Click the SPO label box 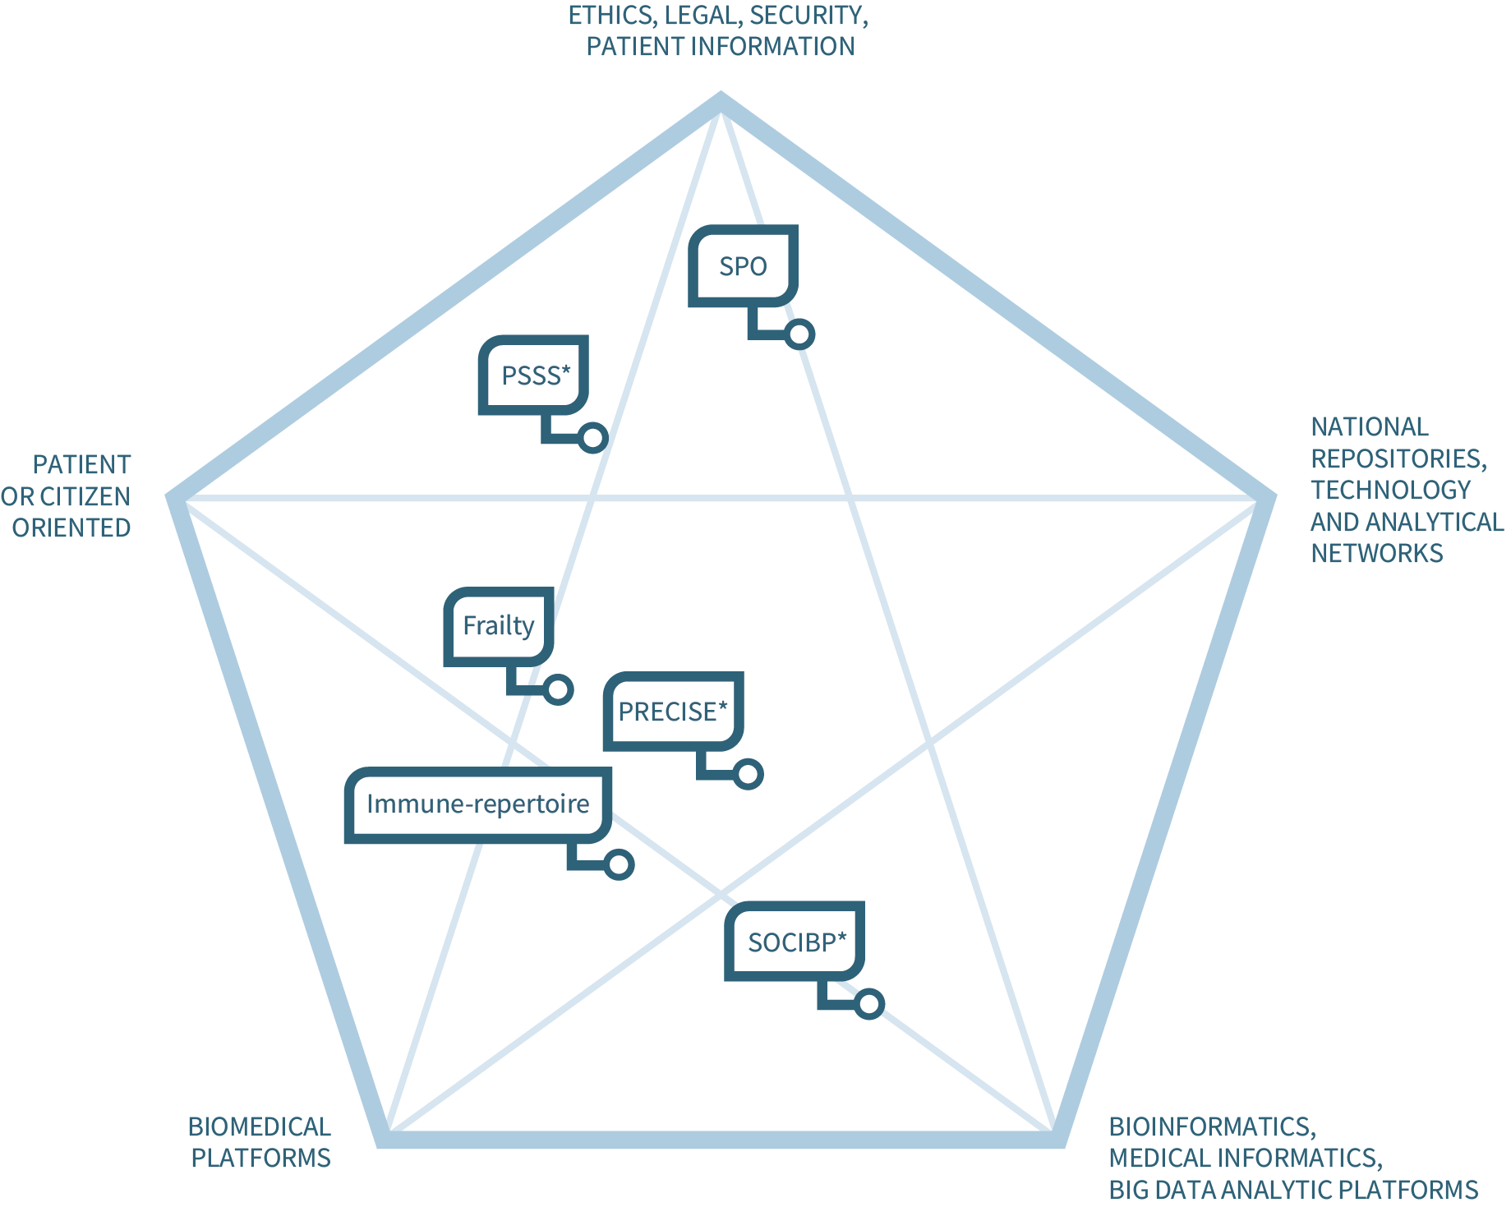tap(743, 266)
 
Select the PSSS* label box tap(534, 375)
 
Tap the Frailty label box tap(499, 626)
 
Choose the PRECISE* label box tap(673, 712)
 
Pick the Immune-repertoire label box tap(477, 804)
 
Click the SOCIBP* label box tap(795, 942)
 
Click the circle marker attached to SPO tap(799, 334)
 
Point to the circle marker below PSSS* tap(592, 438)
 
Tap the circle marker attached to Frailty tap(558, 689)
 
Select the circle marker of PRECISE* tap(748, 774)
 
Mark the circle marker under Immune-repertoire tap(619, 864)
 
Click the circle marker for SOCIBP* tap(868, 1004)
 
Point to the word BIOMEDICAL tap(259, 1126)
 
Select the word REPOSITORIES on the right tap(1398, 458)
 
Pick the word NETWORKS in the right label tap(1376, 553)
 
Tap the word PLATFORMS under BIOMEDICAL tap(260, 1158)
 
